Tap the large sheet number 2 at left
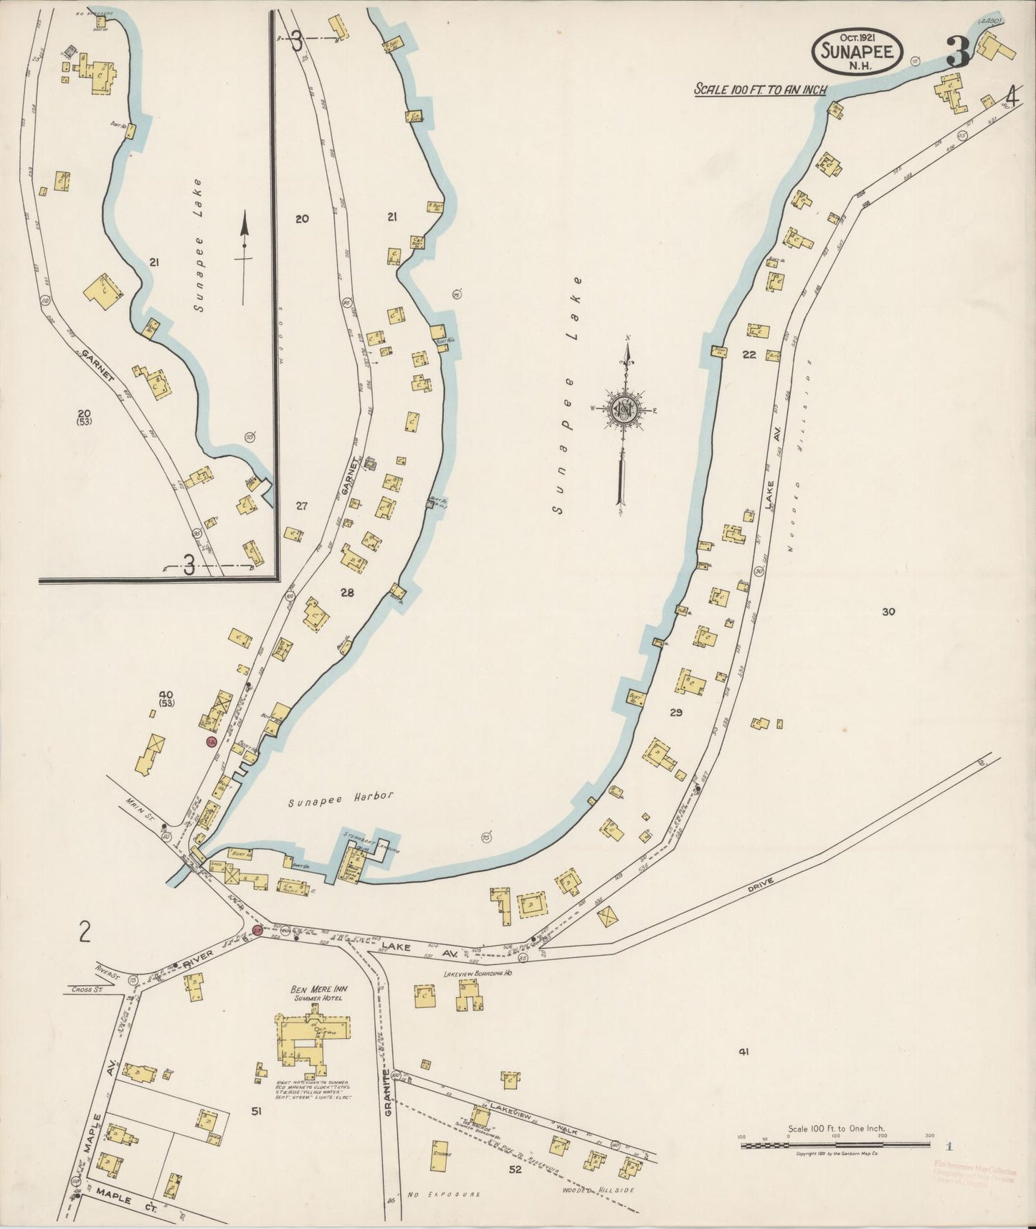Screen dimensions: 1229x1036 tap(85, 932)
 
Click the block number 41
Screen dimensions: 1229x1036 tap(743, 1052)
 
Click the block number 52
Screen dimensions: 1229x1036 tap(515, 1169)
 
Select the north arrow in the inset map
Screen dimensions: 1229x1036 tap(244, 255)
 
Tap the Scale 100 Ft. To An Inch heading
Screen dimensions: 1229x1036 tap(760, 90)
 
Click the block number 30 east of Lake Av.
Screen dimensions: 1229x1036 tap(888, 612)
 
